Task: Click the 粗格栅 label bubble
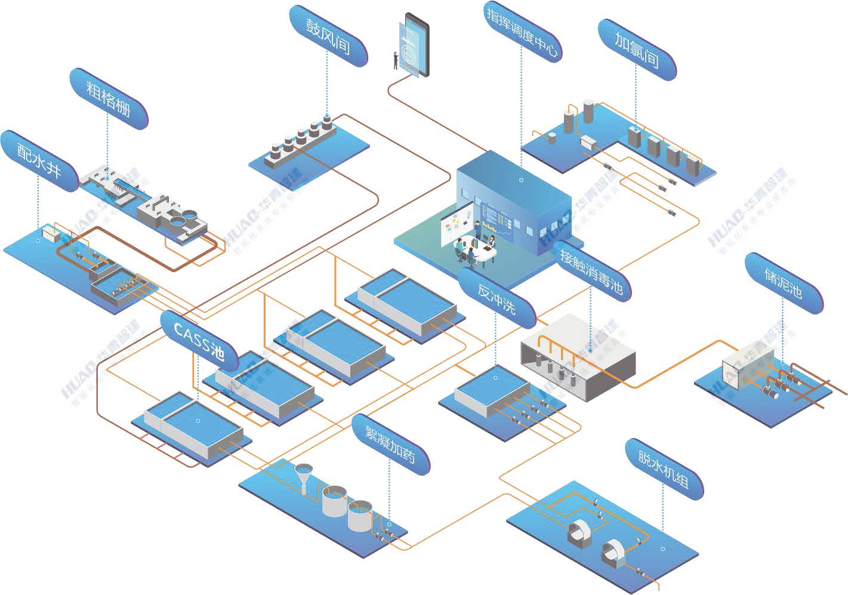pos(109,98)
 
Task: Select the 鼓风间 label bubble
pos(328,36)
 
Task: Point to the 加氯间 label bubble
pos(637,50)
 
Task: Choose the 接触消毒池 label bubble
pos(591,272)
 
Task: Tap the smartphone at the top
pos(416,45)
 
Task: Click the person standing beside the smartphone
pos(395,60)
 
